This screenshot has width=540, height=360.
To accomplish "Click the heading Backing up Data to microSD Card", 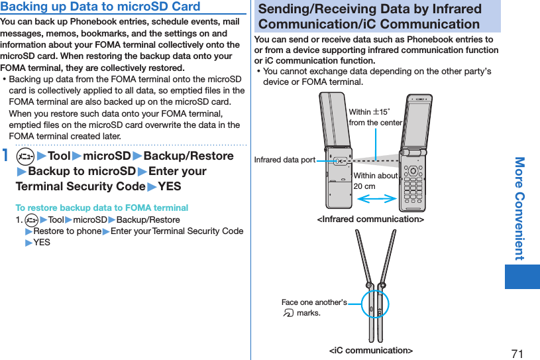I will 101,7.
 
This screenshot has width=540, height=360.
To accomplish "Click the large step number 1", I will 6,157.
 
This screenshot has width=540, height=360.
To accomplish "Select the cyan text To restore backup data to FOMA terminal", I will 102,208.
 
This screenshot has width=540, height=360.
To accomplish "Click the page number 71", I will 517,353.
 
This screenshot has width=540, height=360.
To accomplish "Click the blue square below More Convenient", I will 521,276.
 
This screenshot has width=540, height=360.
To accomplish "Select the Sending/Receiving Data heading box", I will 377,17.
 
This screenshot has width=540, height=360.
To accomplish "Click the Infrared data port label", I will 285,160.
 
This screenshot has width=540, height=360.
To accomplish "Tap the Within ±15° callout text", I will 375,117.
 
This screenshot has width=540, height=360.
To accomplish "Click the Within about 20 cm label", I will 375,180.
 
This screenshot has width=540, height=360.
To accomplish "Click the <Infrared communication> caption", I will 370,219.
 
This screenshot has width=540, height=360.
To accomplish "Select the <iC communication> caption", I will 370,350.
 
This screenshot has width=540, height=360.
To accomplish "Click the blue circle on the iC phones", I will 376,306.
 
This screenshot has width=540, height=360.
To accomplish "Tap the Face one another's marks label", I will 313,307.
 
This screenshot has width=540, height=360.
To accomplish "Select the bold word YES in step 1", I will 170,187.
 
